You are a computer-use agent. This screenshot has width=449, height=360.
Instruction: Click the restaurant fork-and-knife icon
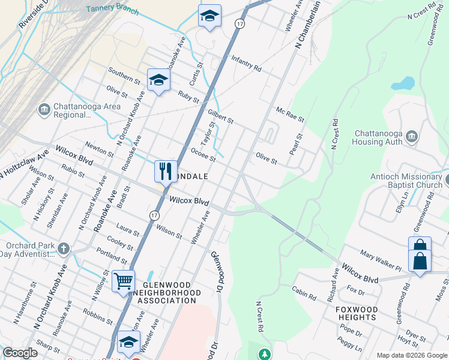(x=166, y=170)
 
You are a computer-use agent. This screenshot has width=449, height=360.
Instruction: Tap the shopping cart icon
(x=123, y=280)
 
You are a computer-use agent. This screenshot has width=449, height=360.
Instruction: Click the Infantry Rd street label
(x=246, y=64)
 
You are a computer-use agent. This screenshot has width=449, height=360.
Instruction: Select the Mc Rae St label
(x=290, y=115)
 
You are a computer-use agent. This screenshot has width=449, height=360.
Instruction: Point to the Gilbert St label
(x=220, y=116)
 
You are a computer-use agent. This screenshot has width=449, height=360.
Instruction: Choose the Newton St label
(x=99, y=149)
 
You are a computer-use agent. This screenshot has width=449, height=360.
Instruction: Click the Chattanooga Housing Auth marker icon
(x=412, y=137)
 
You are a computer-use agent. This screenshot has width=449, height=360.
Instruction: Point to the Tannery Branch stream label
(x=112, y=10)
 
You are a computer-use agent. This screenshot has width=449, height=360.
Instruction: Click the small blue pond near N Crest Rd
(x=406, y=82)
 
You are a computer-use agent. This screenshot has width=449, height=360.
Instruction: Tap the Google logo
(x=20, y=353)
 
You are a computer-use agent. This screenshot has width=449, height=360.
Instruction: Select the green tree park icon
(x=264, y=354)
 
